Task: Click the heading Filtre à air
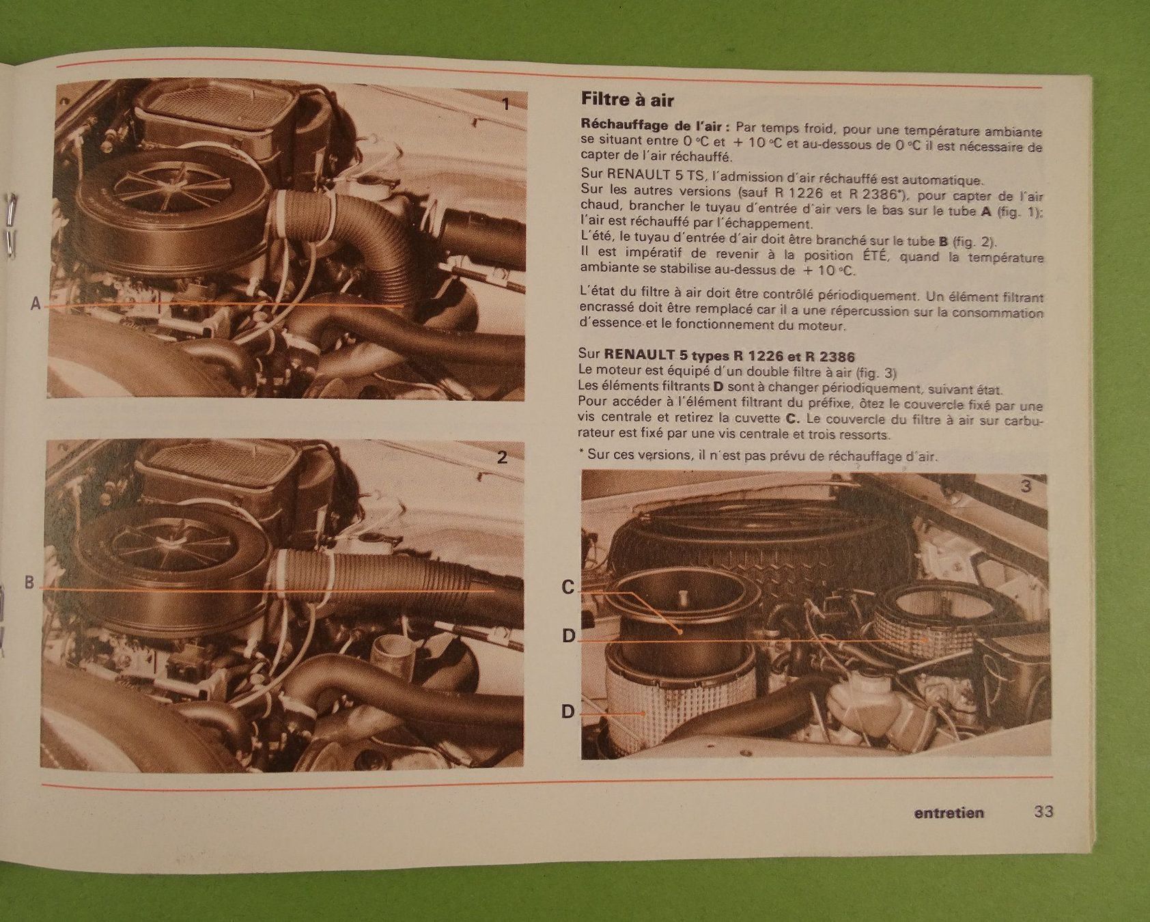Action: (x=627, y=100)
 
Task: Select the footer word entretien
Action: (x=949, y=813)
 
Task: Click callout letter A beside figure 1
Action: (x=36, y=305)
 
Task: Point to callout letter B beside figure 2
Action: (x=29, y=583)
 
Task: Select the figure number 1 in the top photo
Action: (x=505, y=104)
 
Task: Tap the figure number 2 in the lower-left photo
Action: (x=503, y=458)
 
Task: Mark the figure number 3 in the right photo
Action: (x=1026, y=487)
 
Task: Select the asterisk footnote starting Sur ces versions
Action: (x=758, y=456)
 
